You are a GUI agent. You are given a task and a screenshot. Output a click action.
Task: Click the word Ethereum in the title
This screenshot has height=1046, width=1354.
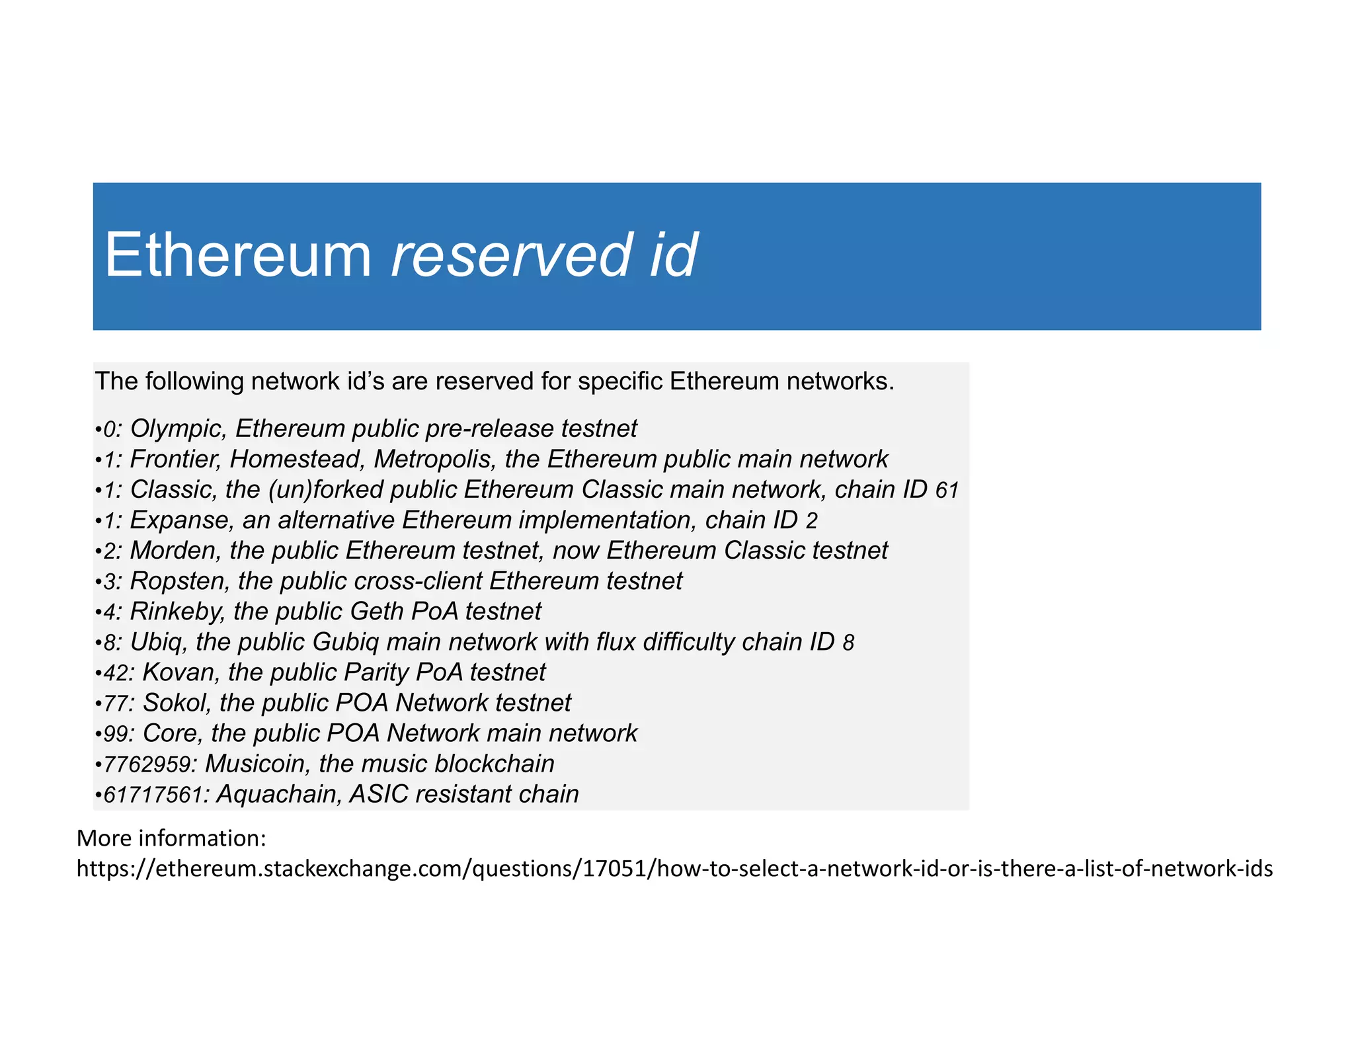(238, 255)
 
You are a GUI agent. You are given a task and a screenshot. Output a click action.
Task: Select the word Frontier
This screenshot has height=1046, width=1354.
(175, 460)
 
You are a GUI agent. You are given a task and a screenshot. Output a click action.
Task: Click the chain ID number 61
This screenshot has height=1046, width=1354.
(947, 491)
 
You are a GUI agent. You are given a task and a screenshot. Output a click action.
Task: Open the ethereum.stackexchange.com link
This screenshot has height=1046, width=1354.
(674, 868)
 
